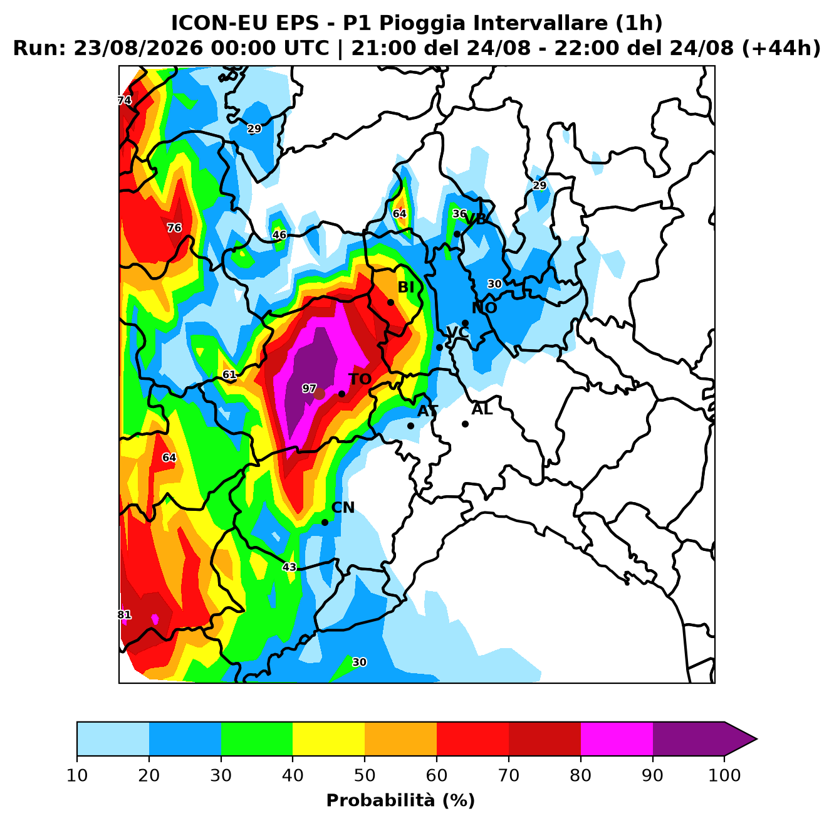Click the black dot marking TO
pos(341,394)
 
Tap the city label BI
pos(405,287)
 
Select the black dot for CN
pos(325,522)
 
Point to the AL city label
pos(482,409)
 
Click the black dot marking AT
pos(410,426)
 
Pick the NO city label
pos(484,308)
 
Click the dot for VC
pos(439,347)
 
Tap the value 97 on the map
pos(309,389)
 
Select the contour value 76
pos(174,228)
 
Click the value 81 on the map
pos(124,615)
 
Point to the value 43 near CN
pos(289,567)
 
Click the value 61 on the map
pos(229,375)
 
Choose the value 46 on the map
pos(279,235)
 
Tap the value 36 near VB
pos(460,214)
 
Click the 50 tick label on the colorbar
pos(365,775)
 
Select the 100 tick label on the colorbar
pos(724,775)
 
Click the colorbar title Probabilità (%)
pos(400,800)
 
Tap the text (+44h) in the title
pos(781,48)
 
